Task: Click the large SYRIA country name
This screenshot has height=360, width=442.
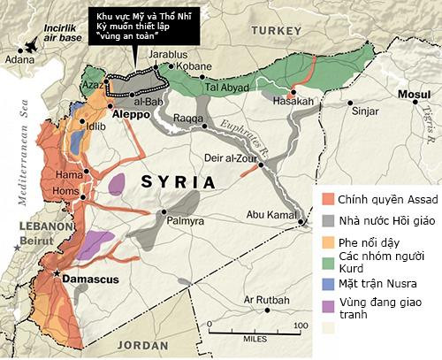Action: coord(178,182)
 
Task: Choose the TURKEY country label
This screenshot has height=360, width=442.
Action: coord(278,30)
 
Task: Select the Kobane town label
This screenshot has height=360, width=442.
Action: coord(194,66)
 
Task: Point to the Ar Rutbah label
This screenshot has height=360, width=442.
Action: coord(268,300)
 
